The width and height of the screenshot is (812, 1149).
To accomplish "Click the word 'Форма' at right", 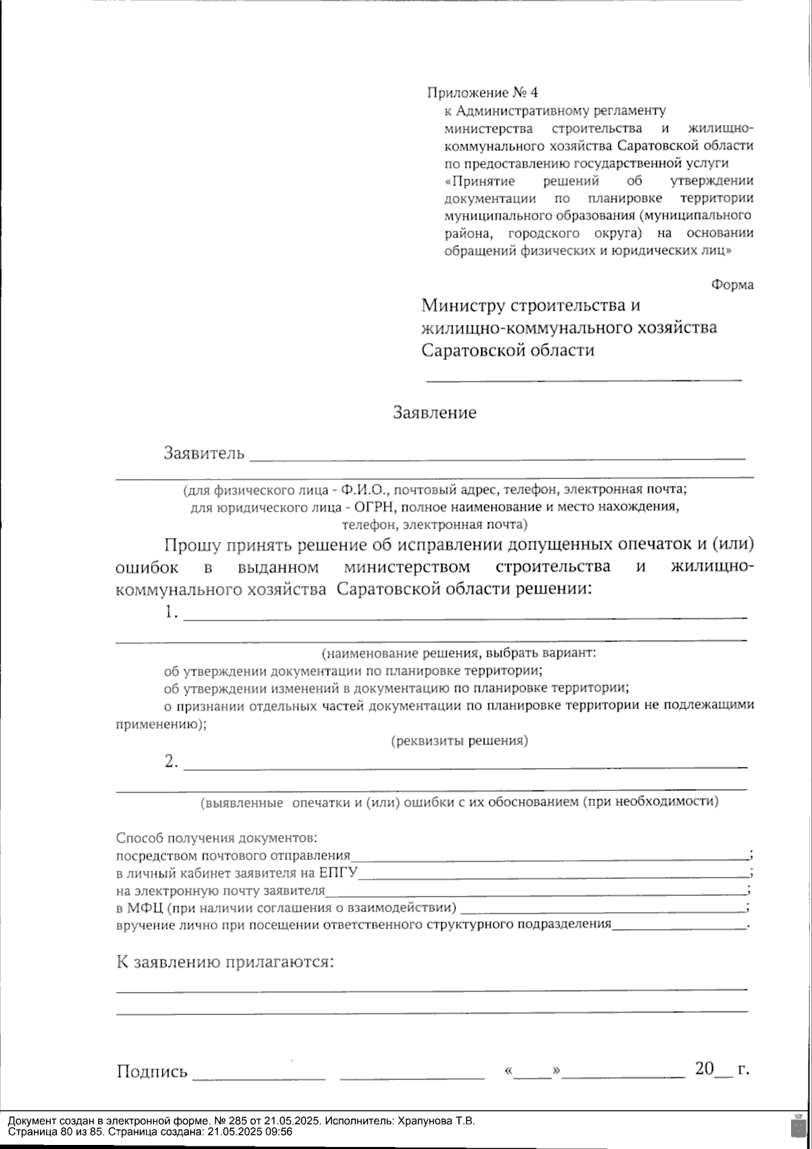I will (731, 285).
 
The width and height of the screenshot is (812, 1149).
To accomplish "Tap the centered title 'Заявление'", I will (434, 413).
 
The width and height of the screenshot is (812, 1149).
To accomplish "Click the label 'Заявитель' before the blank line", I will (204, 453).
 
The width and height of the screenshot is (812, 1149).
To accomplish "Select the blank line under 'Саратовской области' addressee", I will (583, 380).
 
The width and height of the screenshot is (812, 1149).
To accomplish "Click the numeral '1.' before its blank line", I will (172, 613).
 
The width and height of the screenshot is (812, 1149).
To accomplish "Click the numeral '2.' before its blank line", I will (172, 762).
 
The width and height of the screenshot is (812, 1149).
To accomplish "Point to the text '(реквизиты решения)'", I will (459, 741).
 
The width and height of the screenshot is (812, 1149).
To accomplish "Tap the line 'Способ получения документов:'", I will (217, 838).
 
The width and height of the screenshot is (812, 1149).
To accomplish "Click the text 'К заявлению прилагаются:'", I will (226, 962).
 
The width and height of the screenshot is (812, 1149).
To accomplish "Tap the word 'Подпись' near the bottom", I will (152, 1071).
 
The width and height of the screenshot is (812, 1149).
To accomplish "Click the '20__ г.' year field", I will (721, 1070).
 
